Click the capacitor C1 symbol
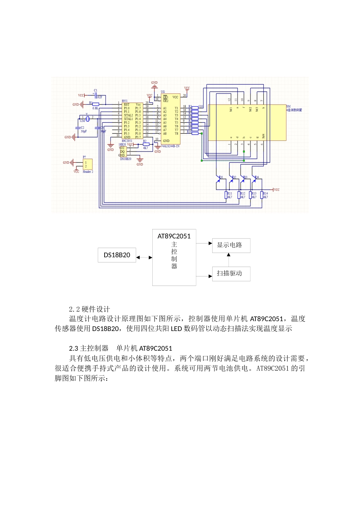95,95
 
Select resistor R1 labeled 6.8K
96,104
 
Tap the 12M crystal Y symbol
88,119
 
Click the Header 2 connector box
88,164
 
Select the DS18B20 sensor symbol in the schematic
122,151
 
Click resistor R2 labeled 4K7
146,144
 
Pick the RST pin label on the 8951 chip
127,105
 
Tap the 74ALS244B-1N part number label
171,146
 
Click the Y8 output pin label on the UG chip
176,133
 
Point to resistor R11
226,195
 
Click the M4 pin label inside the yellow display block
263,136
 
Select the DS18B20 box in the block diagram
117,255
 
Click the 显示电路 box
231,245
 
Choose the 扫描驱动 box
231,273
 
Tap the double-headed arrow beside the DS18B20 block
144,258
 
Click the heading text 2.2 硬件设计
89,309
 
